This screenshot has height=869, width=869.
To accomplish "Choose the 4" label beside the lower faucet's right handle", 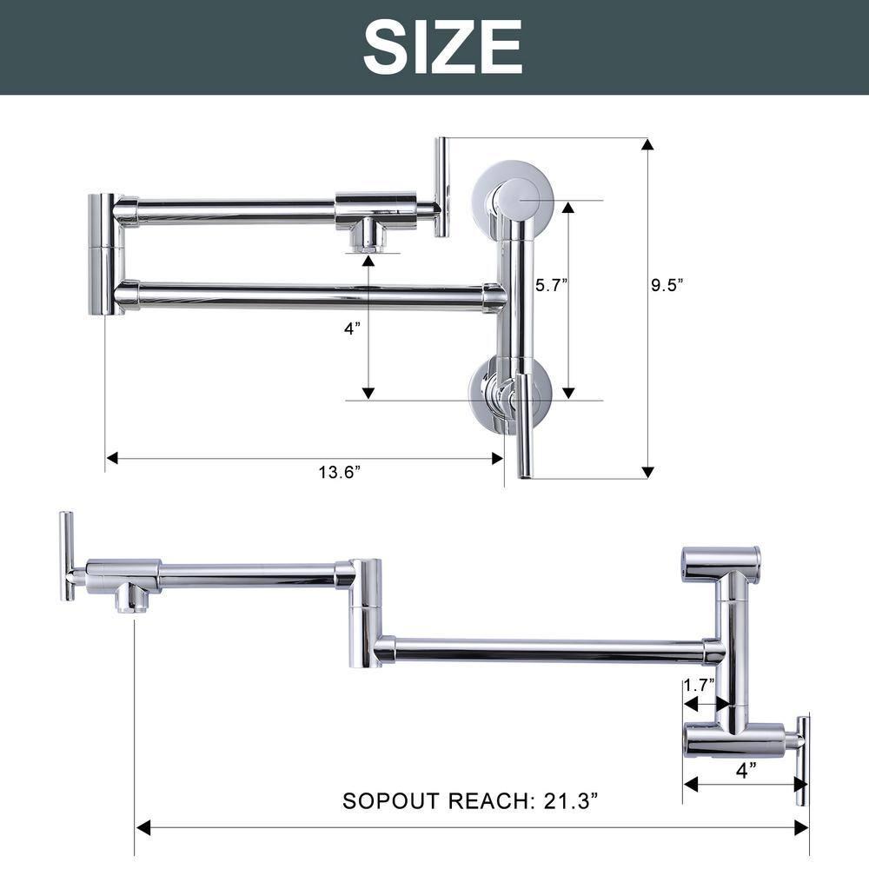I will tap(746, 768).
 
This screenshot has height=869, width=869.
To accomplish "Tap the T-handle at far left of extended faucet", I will tap(66, 556).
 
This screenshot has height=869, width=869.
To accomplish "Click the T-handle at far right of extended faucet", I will tap(803, 760).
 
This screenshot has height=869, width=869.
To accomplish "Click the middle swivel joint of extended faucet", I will tap(365, 613).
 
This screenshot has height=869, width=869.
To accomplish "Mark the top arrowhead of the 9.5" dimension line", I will tap(647, 143).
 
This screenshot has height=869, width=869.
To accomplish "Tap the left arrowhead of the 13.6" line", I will tap(112, 457).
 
